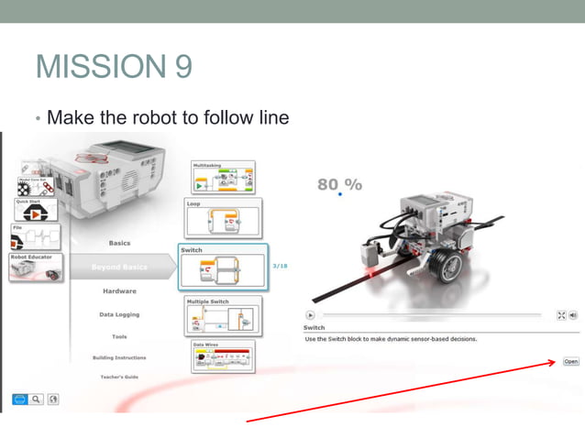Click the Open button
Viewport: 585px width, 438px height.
click(x=570, y=362)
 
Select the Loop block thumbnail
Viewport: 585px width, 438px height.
click(x=224, y=219)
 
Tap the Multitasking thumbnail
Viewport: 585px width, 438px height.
click(x=224, y=178)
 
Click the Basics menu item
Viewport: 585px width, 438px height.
click(x=119, y=243)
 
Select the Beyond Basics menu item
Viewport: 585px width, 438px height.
click(x=119, y=267)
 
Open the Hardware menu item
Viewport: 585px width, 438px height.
click(x=119, y=291)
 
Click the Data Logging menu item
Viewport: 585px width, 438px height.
click(x=119, y=314)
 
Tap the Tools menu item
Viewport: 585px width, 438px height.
click(x=119, y=336)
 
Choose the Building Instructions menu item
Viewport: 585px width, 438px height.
click(x=119, y=357)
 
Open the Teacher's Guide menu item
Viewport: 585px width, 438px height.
click(x=119, y=377)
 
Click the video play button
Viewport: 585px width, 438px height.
click(x=310, y=314)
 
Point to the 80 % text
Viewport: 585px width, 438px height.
click(x=339, y=184)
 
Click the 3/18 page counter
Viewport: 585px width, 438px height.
click(x=281, y=266)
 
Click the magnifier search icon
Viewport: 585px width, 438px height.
click(x=38, y=399)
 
